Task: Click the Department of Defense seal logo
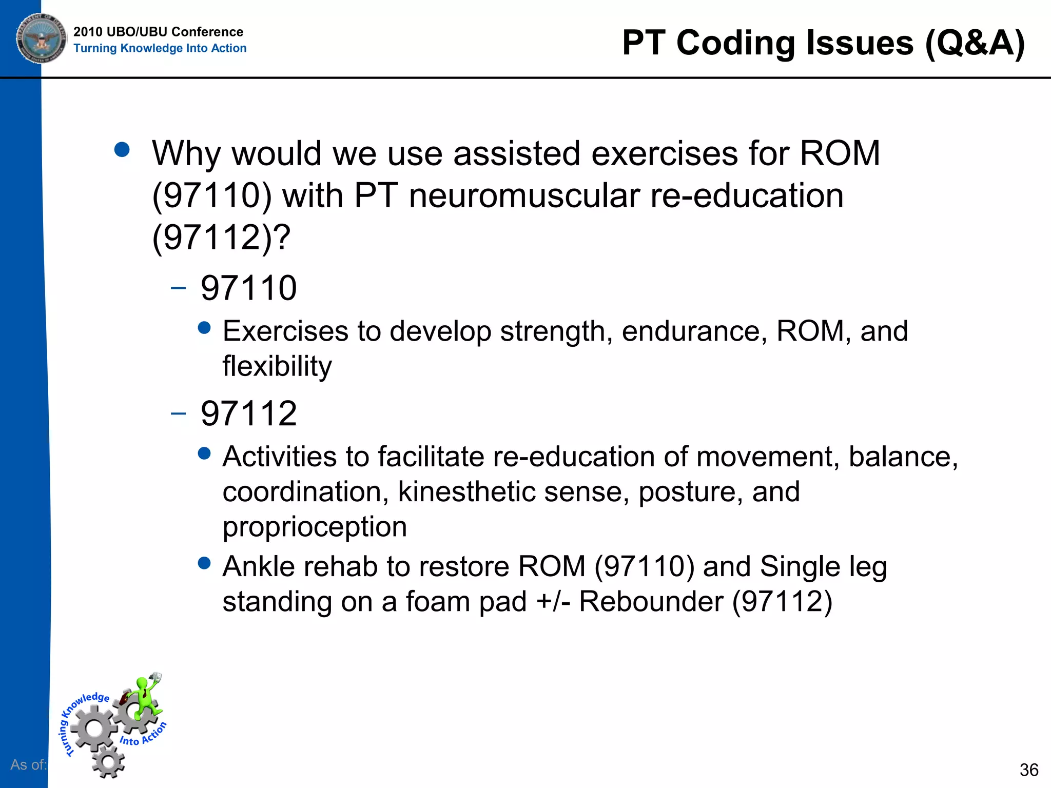pyautogui.click(x=42, y=38)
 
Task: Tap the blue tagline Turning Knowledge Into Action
pyautogui.click(x=160, y=48)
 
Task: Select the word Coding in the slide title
pyautogui.click(x=735, y=43)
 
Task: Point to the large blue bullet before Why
pyautogui.click(x=122, y=150)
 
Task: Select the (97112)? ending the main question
pyautogui.click(x=221, y=238)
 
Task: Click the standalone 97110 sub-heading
pyautogui.click(x=248, y=288)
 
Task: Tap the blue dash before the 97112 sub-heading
pyautogui.click(x=178, y=413)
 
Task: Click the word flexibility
pyautogui.click(x=277, y=366)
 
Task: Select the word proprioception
pyautogui.click(x=315, y=527)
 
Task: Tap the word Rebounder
pyautogui.click(x=651, y=602)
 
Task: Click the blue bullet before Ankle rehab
pyautogui.click(x=204, y=563)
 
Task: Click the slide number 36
pyautogui.click(x=1028, y=770)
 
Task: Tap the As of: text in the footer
pyautogui.click(x=28, y=765)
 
